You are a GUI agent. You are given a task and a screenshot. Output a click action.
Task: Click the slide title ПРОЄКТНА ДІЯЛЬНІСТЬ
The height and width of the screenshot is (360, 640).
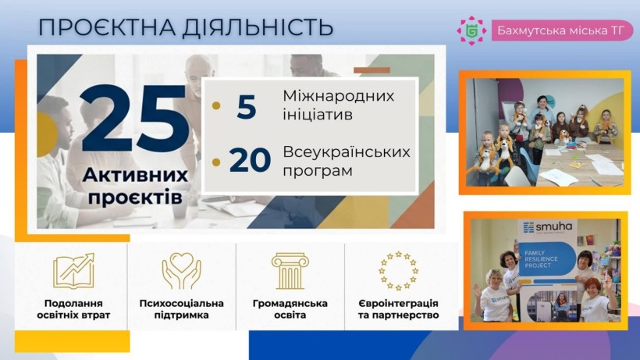point(186,27)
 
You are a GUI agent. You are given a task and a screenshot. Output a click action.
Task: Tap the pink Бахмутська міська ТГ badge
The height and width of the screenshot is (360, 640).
point(561,30)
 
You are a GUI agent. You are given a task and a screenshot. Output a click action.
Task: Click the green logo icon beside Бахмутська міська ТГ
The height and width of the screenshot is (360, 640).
point(471,30)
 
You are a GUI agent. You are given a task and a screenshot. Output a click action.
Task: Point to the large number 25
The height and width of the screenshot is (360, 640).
point(134,119)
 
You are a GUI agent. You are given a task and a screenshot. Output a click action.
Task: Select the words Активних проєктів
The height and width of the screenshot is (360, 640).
point(135,185)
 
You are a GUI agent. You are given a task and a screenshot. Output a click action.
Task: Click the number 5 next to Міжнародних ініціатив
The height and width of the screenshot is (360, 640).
point(246,106)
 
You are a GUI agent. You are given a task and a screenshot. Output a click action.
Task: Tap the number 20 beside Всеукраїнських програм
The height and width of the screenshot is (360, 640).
point(249,160)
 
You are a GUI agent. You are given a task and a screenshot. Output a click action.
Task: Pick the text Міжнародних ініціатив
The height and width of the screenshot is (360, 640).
point(338,105)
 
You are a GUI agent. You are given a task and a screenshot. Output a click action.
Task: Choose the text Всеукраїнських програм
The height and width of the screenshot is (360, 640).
point(346,160)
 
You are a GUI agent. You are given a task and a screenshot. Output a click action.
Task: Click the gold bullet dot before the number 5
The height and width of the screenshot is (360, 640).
point(216,107)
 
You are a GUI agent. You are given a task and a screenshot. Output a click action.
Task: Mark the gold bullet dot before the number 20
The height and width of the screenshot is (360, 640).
point(216,162)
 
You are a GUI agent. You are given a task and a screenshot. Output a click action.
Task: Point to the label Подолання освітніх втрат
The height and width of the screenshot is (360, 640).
point(73,309)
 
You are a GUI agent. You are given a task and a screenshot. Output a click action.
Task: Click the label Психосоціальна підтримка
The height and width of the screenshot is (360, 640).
point(181,309)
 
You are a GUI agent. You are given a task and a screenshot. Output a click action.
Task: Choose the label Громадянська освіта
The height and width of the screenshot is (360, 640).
point(290,309)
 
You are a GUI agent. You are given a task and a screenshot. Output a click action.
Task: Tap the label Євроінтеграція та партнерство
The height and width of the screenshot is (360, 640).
point(398,309)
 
